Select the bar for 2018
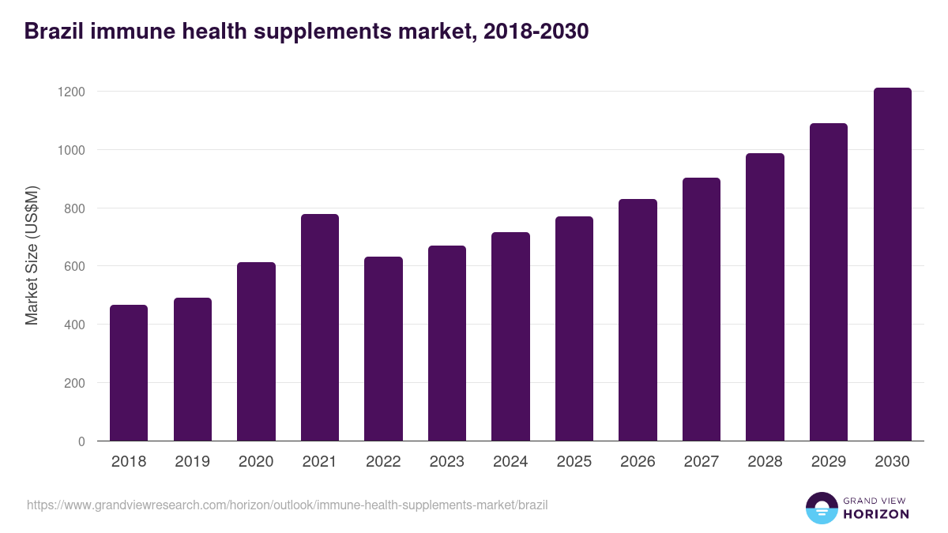tap(129, 373)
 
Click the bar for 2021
tap(319, 328)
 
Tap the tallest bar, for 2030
tap(892, 265)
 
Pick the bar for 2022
tap(383, 349)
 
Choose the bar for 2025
tap(574, 328)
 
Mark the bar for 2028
tap(765, 297)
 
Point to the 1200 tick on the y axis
tap(71, 92)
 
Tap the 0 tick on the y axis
tap(81, 441)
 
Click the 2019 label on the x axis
tap(192, 462)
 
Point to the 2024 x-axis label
tap(510, 462)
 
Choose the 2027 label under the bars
tap(701, 462)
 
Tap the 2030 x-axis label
tap(892, 462)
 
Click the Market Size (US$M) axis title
tap(32, 255)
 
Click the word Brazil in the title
tap(53, 31)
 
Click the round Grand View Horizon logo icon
tap(822, 508)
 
